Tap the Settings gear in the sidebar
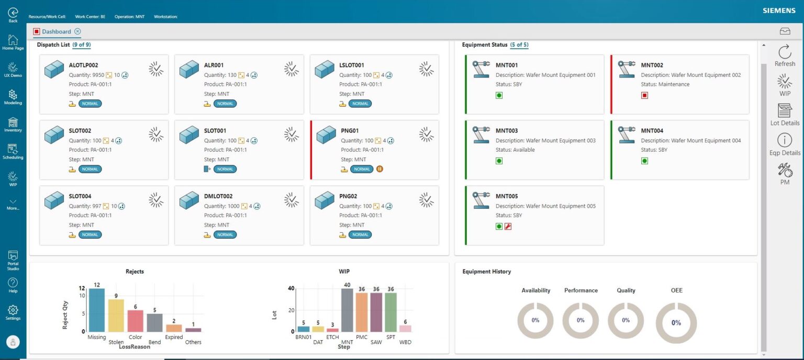[13, 312]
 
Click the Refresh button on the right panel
[785, 55]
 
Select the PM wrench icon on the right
[785, 173]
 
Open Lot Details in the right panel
[785, 114]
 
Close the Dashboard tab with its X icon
[77, 31]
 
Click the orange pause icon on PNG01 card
[379, 169]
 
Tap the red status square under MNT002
[644, 95]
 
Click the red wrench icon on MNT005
[508, 227]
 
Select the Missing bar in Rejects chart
[97, 310]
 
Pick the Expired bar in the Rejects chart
[174, 328]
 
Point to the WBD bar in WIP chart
[405, 328]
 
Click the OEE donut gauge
[676, 323]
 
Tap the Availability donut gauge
[535, 320]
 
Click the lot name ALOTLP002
[83, 65]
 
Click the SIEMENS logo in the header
[779, 10]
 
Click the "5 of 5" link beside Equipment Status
[519, 45]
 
